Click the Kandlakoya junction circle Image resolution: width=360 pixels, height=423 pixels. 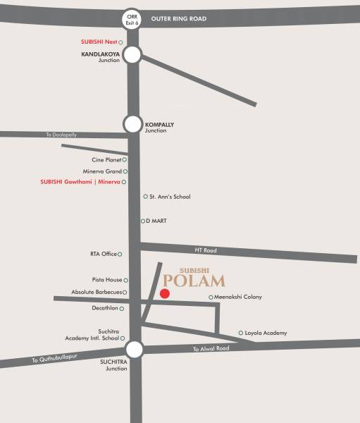pyautogui.click(x=132, y=55)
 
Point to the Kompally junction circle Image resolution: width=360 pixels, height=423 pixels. pyautogui.click(x=132, y=124)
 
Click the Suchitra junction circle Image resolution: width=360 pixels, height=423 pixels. pyautogui.click(x=134, y=349)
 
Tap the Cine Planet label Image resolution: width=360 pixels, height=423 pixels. pyautogui.click(x=107, y=160)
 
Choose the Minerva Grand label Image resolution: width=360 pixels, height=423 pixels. pyautogui.click(x=104, y=171)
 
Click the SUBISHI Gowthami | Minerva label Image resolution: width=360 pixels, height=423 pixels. pyautogui.click(x=82, y=183)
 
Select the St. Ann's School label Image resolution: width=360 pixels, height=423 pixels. pyautogui.click(x=170, y=197)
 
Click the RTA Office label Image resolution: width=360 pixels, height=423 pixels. pyautogui.click(x=103, y=254)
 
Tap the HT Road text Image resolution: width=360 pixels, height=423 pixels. pyautogui.click(x=205, y=250)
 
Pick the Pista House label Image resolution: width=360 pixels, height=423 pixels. pyautogui.click(x=106, y=280)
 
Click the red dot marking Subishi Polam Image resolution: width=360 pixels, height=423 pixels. pyautogui.click(x=165, y=293)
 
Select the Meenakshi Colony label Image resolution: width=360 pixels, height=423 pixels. pyautogui.click(x=239, y=297)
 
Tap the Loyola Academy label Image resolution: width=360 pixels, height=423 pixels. pyautogui.click(x=266, y=333)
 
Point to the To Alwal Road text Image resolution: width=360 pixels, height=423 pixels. pyautogui.click(x=211, y=348)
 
